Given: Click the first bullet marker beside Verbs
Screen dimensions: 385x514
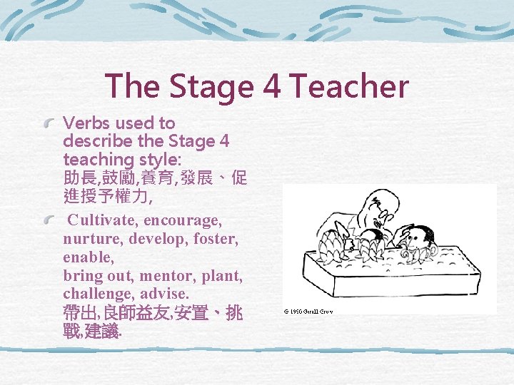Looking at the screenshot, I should pos(49,124).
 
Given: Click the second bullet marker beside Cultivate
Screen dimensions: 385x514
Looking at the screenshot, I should pos(49,222).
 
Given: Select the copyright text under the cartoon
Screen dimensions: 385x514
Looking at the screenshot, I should pos(309,312).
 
